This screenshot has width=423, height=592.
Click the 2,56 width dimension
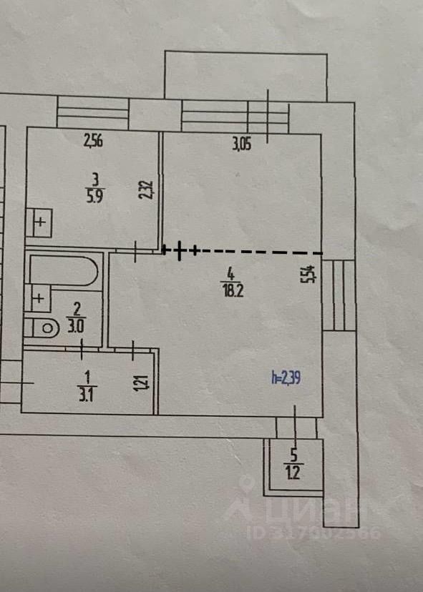pyautogui.click(x=93, y=141)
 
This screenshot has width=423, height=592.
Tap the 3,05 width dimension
pyautogui.click(x=241, y=144)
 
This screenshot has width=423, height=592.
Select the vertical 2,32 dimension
pyautogui.click(x=147, y=190)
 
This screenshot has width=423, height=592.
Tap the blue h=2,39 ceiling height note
pyautogui.click(x=286, y=377)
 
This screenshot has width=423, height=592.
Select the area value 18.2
pyautogui.click(x=233, y=291)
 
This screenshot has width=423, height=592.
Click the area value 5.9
pyautogui.click(x=95, y=197)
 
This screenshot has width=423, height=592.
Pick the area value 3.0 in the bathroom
pyautogui.click(x=76, y=327)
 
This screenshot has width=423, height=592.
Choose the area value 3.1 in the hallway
pyautogui.click(x=87, y=395)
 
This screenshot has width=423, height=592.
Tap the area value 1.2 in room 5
pyautogui.click(x=293, y=473)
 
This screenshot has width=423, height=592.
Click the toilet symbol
pyautogui.click(x=42, y=328)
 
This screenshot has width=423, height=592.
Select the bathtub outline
pyautogui.click(x=64, y=271)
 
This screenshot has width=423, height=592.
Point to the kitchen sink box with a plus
pyautogui.click(x=39, y=222)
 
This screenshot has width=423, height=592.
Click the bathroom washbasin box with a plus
pyautogui.click(x=37, y=298)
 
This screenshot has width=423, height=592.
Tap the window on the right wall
pyautogui.click(x=339, y=295)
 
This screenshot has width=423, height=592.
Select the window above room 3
pyautogui.click(x=92, y=112)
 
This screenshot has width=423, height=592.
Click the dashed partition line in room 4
pyautogui.click(x=243, y=251)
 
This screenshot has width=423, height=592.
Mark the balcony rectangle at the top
pyautogui.click(x=245, y=76)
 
